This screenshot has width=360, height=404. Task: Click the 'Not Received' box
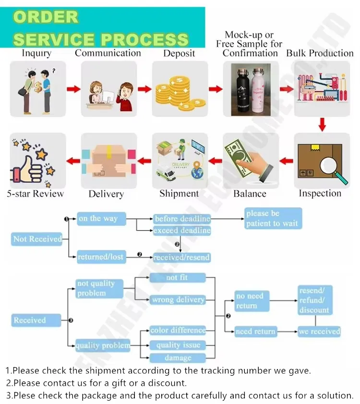click(x=37, y=239)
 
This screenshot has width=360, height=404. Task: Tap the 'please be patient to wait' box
click(x=273, y=218)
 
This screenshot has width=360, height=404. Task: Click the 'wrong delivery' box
click(x=178, y=300)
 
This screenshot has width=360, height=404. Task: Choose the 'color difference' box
click(x=178, y=331)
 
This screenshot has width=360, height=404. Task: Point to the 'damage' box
click(x=178, y=358)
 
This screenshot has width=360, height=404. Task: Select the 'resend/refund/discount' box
click(x=314, y=300)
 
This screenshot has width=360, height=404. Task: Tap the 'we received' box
click(x=319, y=332)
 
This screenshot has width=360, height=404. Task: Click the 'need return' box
click(x=255, y=332)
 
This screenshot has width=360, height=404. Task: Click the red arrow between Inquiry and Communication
click(x=73, y=89)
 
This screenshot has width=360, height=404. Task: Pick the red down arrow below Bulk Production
click(x=322, y=125)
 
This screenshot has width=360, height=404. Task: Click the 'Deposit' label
click(x=179, y=53)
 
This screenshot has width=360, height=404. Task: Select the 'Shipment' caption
click(x=179, y=193)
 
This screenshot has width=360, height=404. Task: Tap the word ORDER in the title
click(x=46, y=17)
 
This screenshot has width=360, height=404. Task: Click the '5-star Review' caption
click(x=36, y=194)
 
